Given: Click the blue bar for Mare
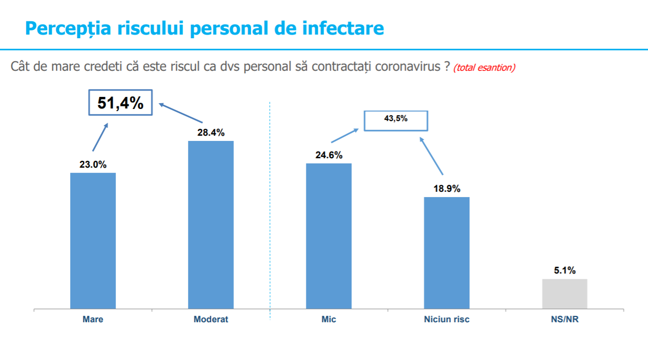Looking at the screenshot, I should [93, 241].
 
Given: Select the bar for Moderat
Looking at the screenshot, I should [211, 225].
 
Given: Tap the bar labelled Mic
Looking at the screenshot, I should [328, 236].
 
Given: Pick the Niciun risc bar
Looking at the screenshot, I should [446, 253].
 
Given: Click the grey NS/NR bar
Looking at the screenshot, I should [564, 293].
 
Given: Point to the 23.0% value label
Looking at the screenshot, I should [93, 165].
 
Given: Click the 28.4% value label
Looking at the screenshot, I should [211, 133].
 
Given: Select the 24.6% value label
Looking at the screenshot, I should [328, 155].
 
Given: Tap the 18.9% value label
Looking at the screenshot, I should [446, 189].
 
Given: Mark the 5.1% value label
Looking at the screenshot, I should [564, 270].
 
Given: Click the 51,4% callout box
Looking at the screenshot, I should [120, 103].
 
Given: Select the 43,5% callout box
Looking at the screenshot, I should [396, 120].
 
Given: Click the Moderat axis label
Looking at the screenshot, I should [211, 319].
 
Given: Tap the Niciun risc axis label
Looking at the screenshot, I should [446, 319].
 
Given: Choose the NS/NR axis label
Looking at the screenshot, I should [564, 319].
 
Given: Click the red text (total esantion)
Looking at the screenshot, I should [484, 68].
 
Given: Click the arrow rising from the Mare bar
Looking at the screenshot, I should [100, 137].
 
